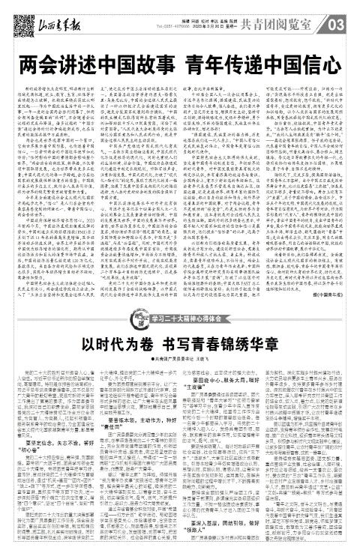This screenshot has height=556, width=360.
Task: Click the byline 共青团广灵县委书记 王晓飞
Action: [x=180, y=334]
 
